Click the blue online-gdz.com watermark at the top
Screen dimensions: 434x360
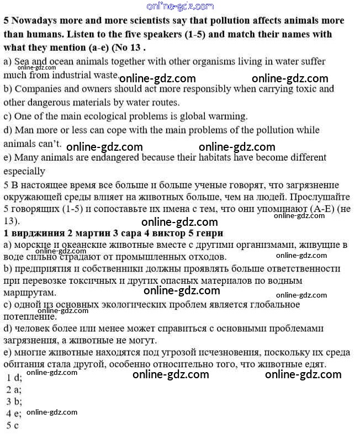(x=179, y=6)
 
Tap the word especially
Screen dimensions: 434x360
(x=24, y=171)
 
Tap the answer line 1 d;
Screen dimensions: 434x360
(x=14, y=378)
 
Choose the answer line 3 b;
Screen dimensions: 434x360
(x=14, y=401)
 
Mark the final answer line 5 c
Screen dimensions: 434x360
(x=13, y=425)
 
